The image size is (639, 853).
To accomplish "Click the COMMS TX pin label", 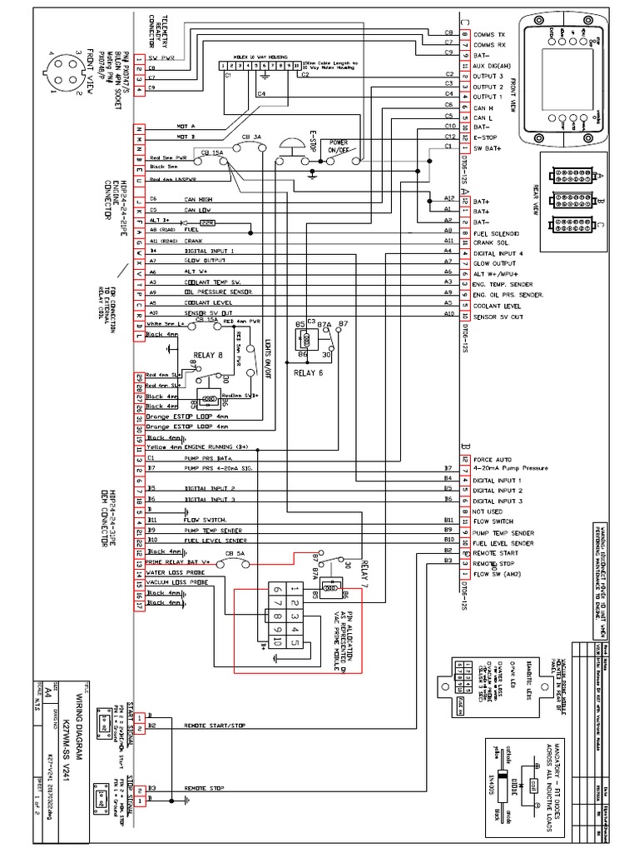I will click(491, 33).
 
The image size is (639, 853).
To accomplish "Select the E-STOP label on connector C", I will click(484, 136).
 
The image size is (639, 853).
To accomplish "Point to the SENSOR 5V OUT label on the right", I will click(497, 316).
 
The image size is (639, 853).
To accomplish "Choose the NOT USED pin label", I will click(488, 511).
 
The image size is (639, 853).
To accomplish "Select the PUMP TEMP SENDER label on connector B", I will click(503, 532).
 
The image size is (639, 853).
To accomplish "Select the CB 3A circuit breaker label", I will click(250, 136).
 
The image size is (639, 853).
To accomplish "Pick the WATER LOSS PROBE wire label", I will click(176, 572).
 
